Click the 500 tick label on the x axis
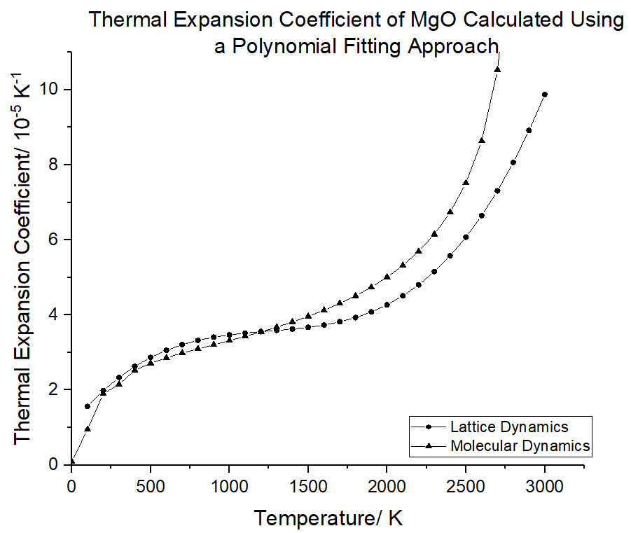[150, 485]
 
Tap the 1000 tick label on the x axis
[229, 485]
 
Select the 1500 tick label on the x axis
[308, 485]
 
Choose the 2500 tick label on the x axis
[466, 485]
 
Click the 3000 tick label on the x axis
[545, 485]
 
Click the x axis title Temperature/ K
[328, 518]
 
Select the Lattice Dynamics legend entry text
[509, 427]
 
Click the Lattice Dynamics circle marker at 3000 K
[545, 95]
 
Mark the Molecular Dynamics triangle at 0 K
[71, 462]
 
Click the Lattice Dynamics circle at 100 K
[88, 406]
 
